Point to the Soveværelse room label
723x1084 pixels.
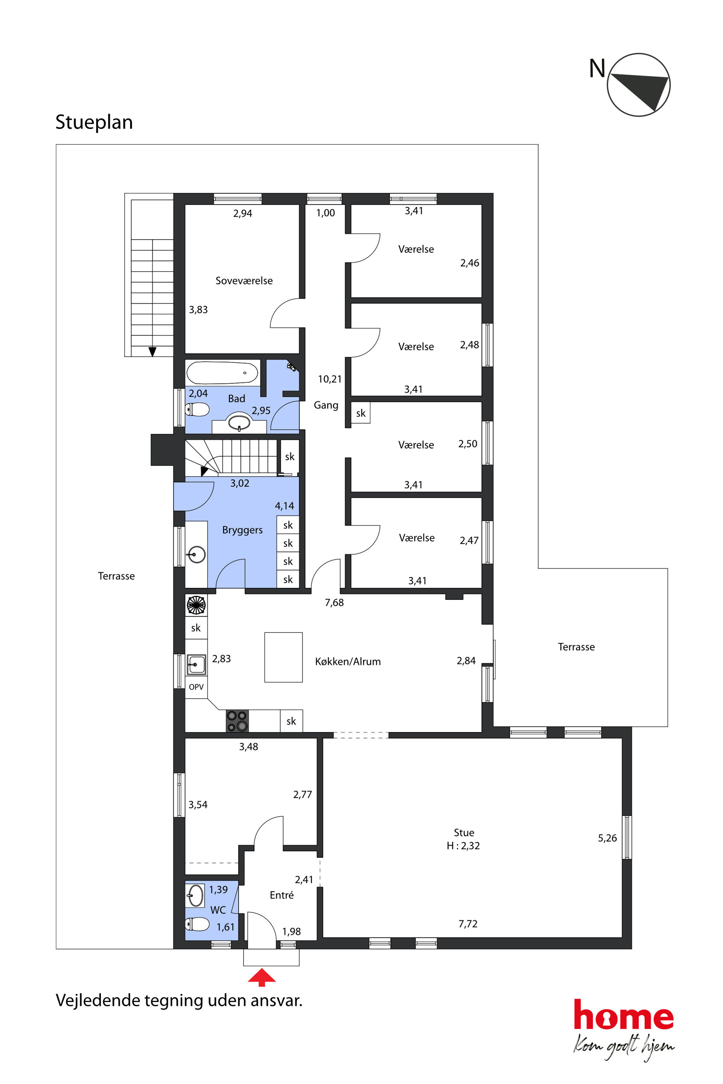244,281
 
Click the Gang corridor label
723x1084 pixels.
326,405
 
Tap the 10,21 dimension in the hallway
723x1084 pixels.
330,379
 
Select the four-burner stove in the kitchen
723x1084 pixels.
237,721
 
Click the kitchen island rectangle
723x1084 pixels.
283,657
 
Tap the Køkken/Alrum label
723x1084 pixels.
348,662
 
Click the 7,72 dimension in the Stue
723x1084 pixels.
468,924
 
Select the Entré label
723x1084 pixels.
281,895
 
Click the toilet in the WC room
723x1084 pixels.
198,924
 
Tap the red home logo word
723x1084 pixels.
624,1015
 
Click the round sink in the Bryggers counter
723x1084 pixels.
197,554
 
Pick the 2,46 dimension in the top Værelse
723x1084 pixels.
469,263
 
